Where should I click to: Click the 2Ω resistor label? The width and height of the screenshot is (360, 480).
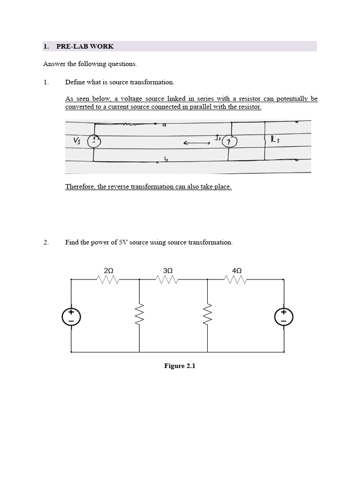[108, 270]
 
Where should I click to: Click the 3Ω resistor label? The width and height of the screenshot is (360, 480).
[168, 270]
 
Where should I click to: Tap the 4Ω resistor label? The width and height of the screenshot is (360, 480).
[237, 270]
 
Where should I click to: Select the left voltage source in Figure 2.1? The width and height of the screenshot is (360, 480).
[71, 316]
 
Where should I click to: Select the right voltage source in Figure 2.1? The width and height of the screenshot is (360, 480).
[284, 316]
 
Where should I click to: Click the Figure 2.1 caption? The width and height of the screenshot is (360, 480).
[180, 366]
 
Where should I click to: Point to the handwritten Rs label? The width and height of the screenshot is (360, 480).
[275, 139]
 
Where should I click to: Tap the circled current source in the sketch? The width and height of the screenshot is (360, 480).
[229, 142]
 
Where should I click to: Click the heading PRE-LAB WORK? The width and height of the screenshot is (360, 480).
[85, 46]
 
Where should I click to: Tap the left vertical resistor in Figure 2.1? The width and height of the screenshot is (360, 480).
[140, 315]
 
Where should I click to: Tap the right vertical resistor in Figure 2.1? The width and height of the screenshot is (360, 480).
[208, 315]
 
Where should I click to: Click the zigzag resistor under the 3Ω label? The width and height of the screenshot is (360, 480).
[168, 279]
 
